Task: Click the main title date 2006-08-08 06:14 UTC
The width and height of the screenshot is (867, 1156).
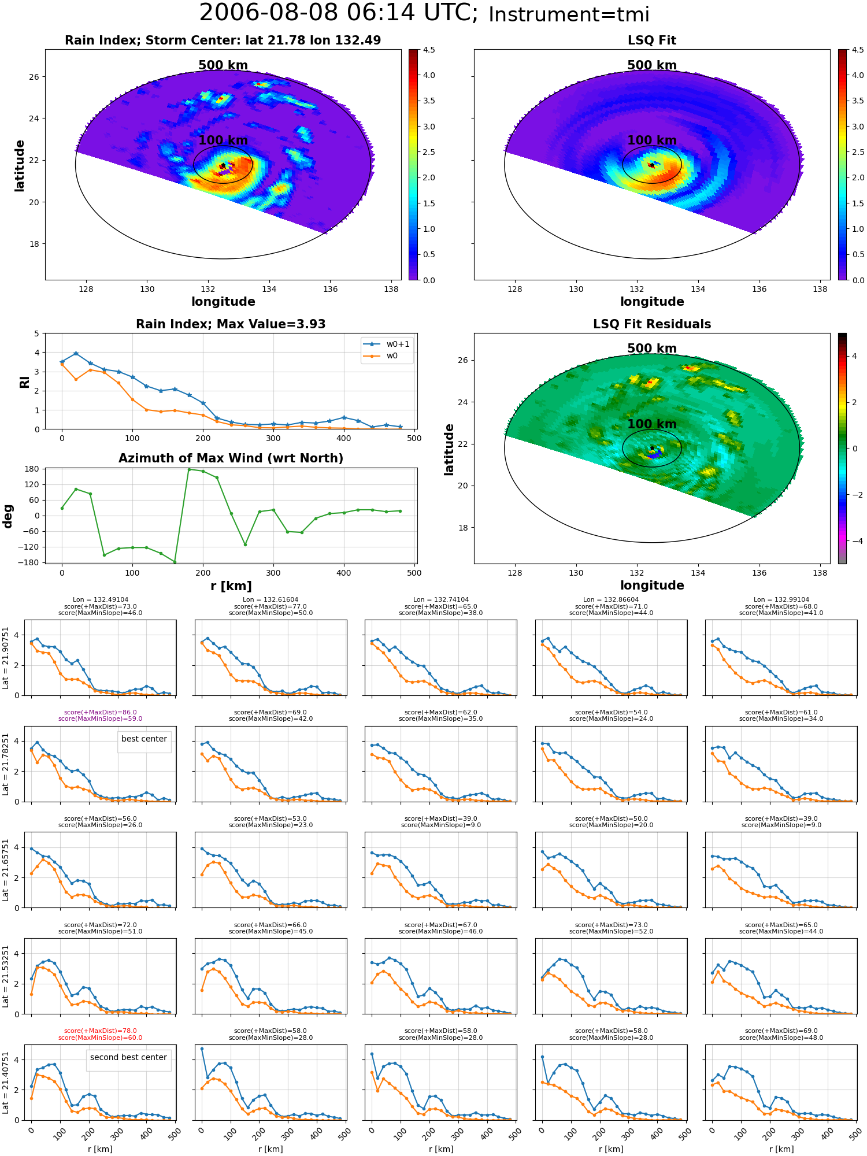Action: click(339, 13)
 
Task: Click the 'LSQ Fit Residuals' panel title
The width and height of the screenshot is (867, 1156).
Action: click(652, 324)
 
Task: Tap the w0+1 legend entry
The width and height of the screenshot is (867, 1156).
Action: click(387, 344)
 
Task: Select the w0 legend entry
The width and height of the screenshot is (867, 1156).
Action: click(381, 356)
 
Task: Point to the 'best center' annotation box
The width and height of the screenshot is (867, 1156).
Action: click(144, 739)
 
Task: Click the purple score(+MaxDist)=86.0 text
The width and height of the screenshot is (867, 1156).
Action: click(101, 712)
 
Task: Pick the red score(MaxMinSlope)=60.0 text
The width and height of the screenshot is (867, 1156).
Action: click(101, 1038)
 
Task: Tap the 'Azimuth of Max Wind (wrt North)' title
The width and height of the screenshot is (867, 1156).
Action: click(231, 458)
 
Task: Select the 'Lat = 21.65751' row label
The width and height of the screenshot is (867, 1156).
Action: click(6, 870)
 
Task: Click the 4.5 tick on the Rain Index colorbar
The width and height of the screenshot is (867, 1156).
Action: click(428, 50)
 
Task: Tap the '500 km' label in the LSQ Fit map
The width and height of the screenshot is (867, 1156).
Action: click(652, 65)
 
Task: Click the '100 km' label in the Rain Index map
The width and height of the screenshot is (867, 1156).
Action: click(223, 140)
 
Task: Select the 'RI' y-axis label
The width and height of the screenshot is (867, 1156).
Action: click(25, 381)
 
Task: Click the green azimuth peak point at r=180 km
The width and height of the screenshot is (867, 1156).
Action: click(189, 469)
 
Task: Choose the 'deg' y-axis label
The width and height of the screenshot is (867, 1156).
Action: click(8, 516)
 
